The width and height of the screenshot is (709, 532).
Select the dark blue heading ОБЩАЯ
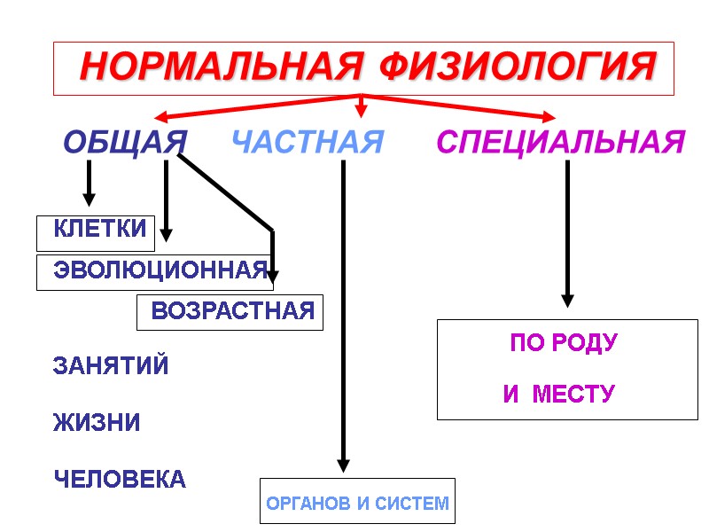coord(125,142)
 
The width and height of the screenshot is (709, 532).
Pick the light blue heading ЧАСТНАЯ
coord(308,142)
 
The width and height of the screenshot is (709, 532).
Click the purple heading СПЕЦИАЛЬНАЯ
coord(561,142)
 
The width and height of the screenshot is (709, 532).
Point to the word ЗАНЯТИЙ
coord(112,365)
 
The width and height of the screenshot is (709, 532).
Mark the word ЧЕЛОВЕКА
coord(121,480)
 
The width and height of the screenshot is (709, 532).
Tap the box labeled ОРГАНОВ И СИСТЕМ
coord(357,504)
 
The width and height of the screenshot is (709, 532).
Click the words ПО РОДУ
coord(564,344)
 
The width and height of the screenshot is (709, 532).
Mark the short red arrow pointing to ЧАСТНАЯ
coord(361,106)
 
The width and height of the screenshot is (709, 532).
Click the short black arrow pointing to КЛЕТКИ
coord(89,184)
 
